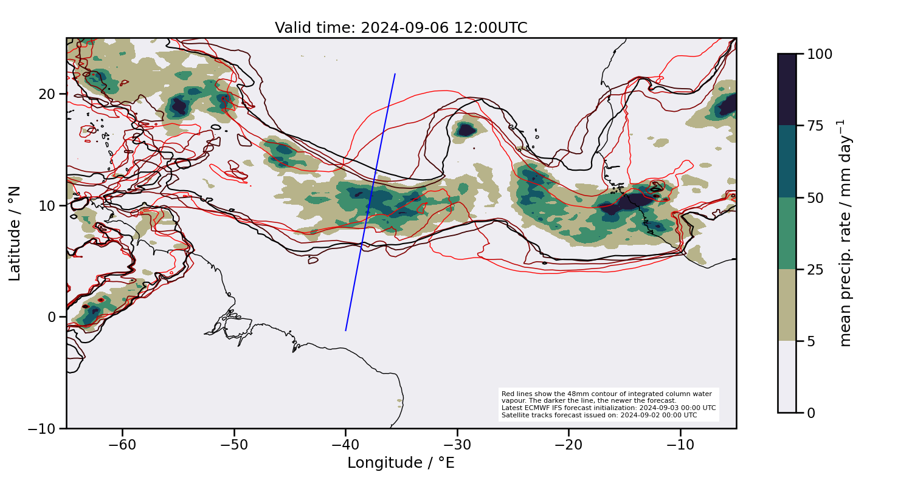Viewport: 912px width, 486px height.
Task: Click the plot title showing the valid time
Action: pyautogui.click(x=401, y=28)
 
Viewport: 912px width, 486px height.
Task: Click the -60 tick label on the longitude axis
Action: pyautogui.click(x=122, y=445)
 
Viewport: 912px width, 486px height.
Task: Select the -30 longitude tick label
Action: pyautogui.click(x=457, y=445)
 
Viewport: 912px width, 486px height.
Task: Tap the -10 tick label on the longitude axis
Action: pyautogui.click(x=680, y=445)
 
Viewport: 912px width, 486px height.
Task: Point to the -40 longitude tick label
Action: pyautogui.click(x=345, y=445)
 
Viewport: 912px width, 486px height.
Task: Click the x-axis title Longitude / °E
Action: pyautogui.click(x=401, y=464)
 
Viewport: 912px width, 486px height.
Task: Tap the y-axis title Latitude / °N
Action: pyautogui.click(x=15, y=233)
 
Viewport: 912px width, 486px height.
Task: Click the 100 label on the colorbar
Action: pyautogui.click(x=820, y=54)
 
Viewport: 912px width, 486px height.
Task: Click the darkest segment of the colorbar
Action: pyautogui.click(x=787, y=89)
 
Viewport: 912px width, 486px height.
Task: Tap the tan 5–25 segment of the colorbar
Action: pyautogui.click(x=787, y=305)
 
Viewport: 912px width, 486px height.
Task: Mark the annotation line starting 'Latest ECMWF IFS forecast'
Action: pyautogui.click(x=608, y=408)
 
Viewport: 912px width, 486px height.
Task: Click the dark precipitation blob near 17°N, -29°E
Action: pyautogui.click(x=467, y=129)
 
